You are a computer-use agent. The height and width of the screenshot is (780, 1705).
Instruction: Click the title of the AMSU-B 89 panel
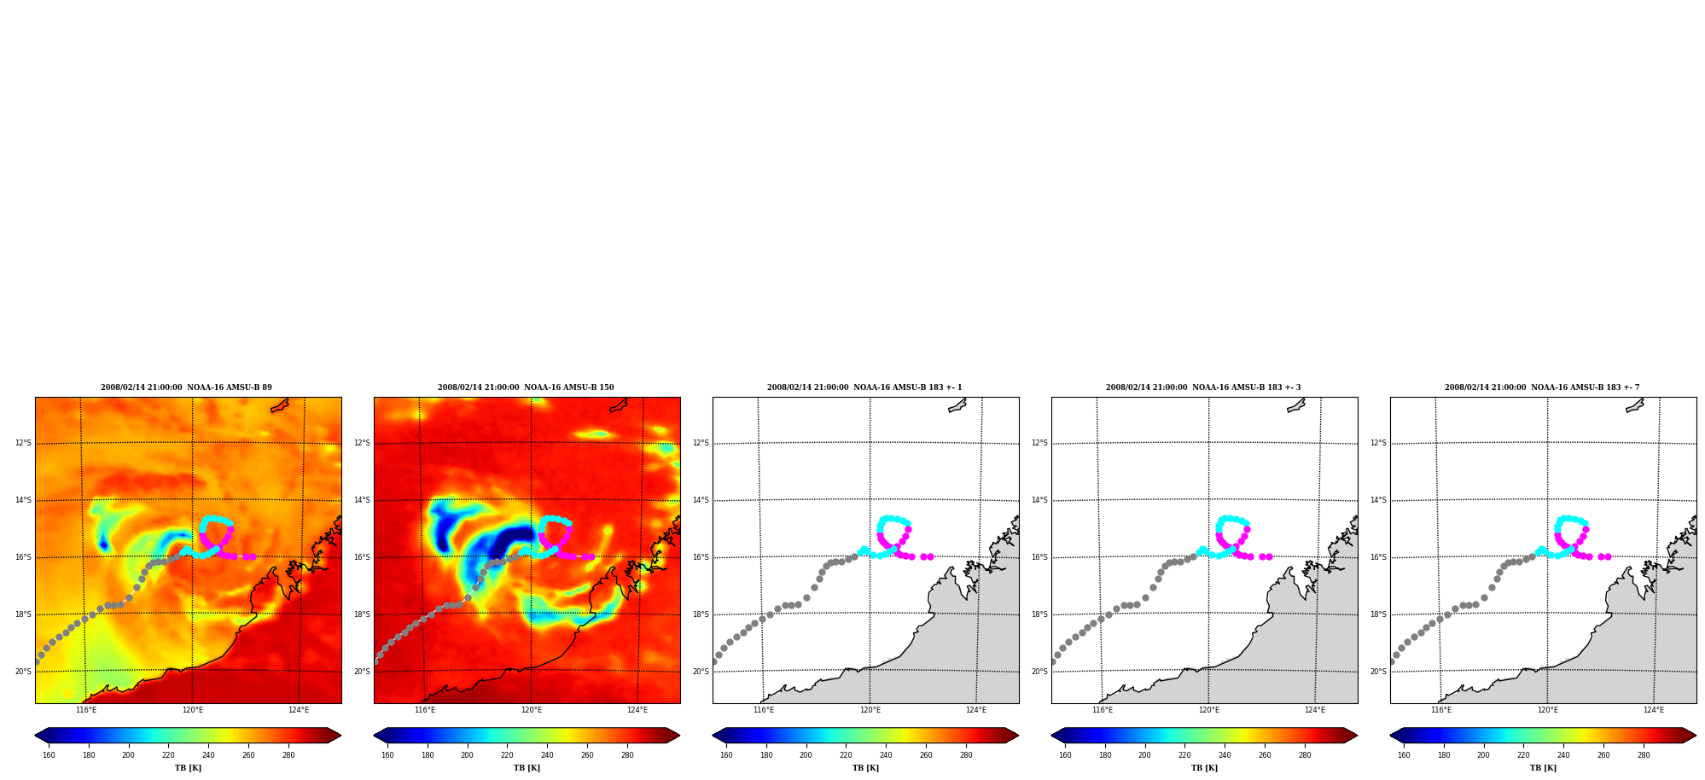pyautogui.click(x=186, y=387)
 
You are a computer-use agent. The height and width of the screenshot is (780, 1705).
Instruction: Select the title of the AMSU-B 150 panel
pyautogui.click(x=526, y=387)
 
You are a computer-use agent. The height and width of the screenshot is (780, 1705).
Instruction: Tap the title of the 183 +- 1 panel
pyautogui.click(x=864, y=387)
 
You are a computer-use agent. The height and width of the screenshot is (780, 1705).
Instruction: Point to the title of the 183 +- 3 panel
pyautogui.click(x=1203, y=387)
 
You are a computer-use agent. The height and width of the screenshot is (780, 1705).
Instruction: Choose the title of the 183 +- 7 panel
pyautogui.click(x=1542, y=387)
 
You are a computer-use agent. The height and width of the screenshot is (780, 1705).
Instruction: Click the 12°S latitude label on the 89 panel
pyautogui.click(x=23, y=443)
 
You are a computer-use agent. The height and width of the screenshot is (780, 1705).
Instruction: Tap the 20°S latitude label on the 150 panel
pyautogui.click(x=362, y=672)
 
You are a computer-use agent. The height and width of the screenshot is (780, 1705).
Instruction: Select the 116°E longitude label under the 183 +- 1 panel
pyautogui.click(x=764, y=710)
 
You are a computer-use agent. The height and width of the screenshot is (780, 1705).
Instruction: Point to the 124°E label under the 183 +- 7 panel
pyautogui.click(x=1654, y=710)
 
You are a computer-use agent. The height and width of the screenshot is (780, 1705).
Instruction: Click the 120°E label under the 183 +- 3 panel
pyautogui.click(x=1208, y=710)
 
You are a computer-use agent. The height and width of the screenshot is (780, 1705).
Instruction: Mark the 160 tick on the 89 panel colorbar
pyautogui.click(x=49, y=754)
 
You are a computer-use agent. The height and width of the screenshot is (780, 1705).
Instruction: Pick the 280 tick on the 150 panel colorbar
pyautogui.click(x=627, y=754)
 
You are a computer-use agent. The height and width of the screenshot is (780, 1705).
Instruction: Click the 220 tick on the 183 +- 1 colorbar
pyautogui.click(x=846, y=754)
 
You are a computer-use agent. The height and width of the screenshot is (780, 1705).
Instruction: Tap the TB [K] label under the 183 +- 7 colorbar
pyautogui.click(x=1543, y=768)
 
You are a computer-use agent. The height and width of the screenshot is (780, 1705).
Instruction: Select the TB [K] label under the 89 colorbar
pyautogui.click(x=188, y=768)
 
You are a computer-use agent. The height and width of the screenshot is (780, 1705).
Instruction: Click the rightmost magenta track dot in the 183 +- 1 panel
pyautogui.click(x=930, y=556)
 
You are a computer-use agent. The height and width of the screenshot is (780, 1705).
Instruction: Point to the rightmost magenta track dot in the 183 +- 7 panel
pyautogui.click(x=1608, y=556)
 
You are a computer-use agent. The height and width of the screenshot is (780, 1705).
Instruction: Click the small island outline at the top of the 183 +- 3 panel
pyautogui.click(x=1296, y=405)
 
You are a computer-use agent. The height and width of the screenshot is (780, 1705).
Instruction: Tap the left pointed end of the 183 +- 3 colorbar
pyautogui.click(x=1052, y=736)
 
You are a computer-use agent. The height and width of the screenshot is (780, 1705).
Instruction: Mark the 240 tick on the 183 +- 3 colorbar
pyautogui.click(x=1225, y=754)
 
